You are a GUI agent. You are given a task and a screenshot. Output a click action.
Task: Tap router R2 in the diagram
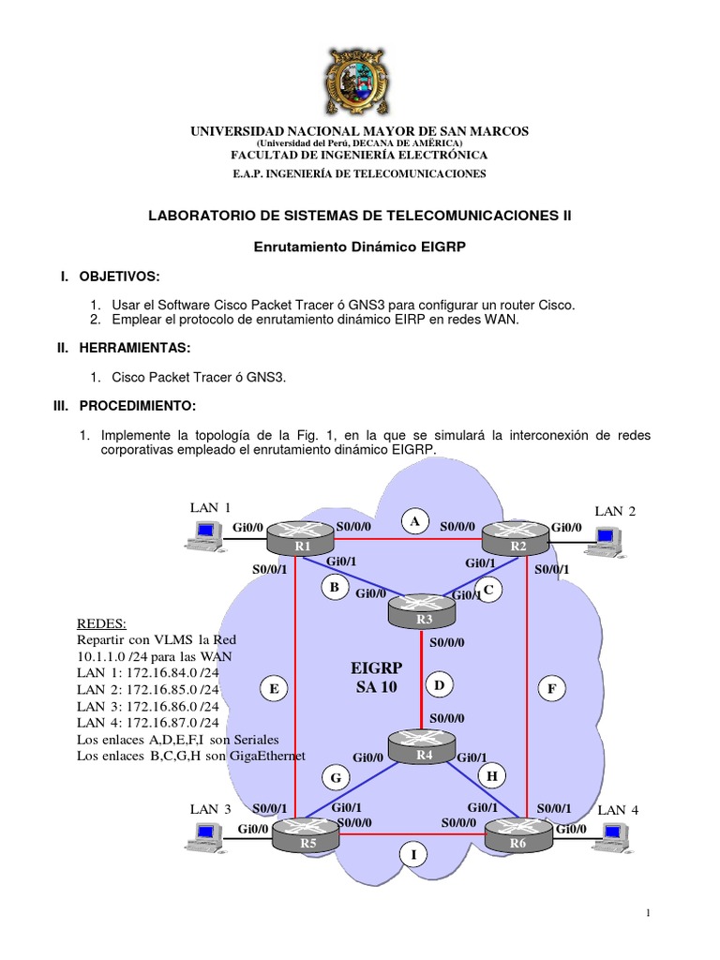(x=514, y=541)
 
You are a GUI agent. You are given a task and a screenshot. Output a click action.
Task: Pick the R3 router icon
(x=421, y=613)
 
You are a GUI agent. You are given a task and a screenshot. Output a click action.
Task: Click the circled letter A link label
(x=415, y=519)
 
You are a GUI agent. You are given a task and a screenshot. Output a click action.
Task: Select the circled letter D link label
(x=439, y=686)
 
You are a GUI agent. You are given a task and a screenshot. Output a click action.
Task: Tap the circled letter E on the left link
(x=274, y=689)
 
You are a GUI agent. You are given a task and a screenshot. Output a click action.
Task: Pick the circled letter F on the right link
(x=552, y=689)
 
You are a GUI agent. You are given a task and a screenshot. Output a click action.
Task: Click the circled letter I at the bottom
(x=410, y=853)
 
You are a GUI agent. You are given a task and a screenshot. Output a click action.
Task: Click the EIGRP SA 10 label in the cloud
(x=376, y=678)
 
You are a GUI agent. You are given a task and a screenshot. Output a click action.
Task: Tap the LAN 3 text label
(x=210, y=808)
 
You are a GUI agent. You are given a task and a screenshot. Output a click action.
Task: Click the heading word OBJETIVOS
(x=119, y=277)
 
